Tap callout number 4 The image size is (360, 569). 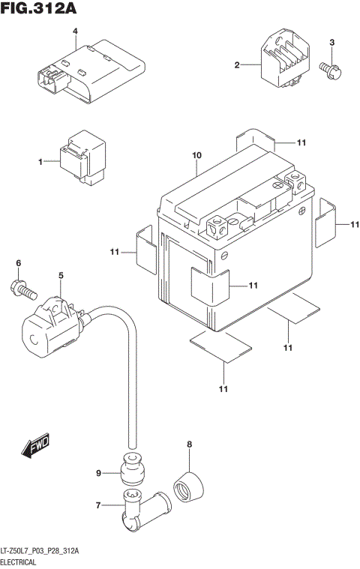tap(75, 31)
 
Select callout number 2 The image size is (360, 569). tap(238, 66)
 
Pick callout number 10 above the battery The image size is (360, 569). tap(196, 156)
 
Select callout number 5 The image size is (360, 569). tap(61, 276)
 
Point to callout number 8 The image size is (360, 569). tap(189, 445)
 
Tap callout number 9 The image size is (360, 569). tap(98, 473)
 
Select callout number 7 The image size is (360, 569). tap(98, 507)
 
